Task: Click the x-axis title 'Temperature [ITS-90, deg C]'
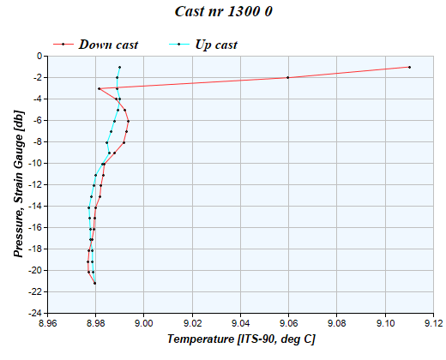tap(241, 339)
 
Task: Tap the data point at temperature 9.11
tap(409, 67)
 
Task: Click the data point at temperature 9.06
tap(288, 77)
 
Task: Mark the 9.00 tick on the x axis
tap(144, 323)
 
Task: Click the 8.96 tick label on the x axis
tap(47, 323)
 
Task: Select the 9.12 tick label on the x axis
tap(434, 323)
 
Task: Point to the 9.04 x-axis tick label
tap(241, 323)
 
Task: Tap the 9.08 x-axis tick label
tap(337, 323)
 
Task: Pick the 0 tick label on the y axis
tap(39, 56)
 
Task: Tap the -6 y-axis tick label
tap(38, 120)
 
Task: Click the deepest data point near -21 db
tap(95, 283)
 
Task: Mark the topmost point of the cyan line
tap(119, 67)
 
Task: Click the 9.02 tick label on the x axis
tap(192, 323)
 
